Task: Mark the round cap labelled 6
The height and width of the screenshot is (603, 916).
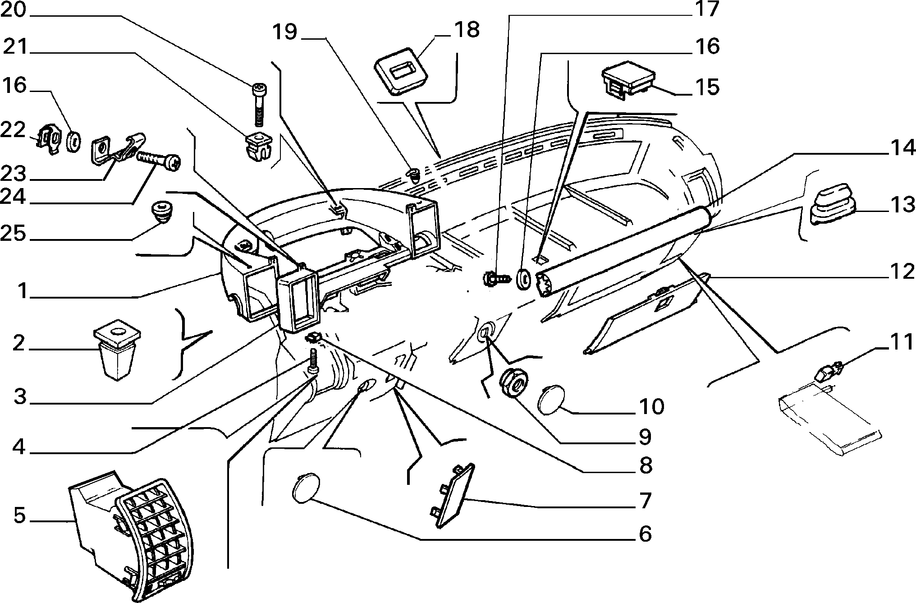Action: (x=306, y=488)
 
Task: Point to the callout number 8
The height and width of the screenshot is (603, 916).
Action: (x=645, y=465)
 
